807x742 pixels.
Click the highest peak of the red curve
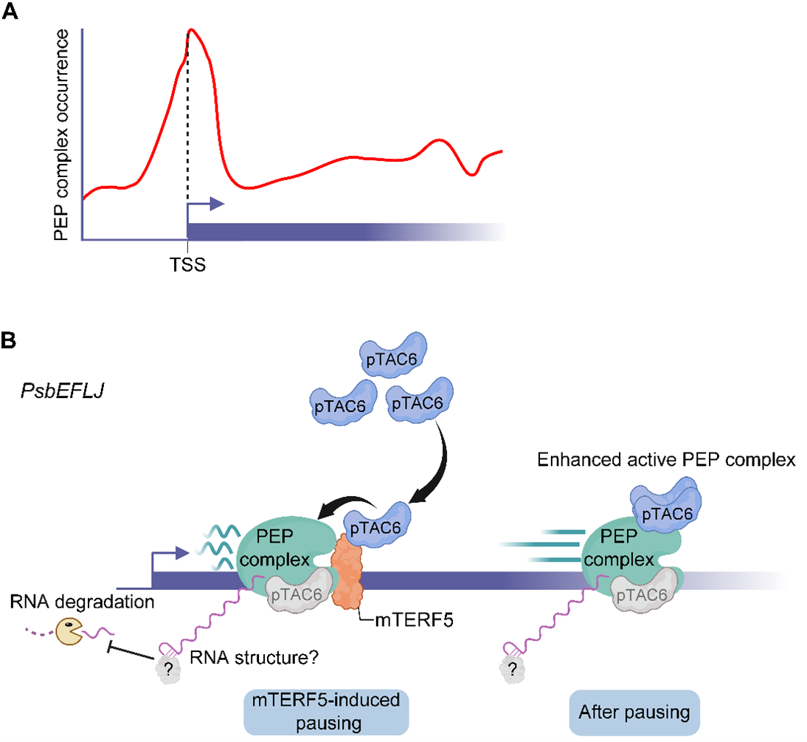click(x=191, y=31)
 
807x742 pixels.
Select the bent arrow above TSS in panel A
click(x=205, y=209)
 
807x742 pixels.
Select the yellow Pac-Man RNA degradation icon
click(x=72, y=631)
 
